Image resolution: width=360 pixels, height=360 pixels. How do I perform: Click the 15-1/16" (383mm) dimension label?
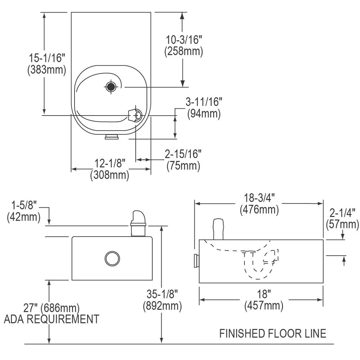[47, 63]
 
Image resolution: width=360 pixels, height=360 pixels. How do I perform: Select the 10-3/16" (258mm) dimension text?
[184, 45]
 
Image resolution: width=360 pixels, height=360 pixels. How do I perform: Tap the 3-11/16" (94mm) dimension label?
[204, 108]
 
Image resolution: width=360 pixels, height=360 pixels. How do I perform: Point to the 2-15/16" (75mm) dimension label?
[183, 160]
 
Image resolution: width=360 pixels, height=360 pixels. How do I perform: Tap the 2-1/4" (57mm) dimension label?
[342, 219]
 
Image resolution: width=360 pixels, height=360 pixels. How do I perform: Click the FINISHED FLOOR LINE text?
[273, 334]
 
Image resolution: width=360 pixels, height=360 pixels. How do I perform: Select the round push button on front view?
[112, 258]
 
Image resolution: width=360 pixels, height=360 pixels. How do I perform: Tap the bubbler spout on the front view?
[138, 223]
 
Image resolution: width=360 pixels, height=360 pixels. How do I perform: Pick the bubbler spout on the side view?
[219, 229]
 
